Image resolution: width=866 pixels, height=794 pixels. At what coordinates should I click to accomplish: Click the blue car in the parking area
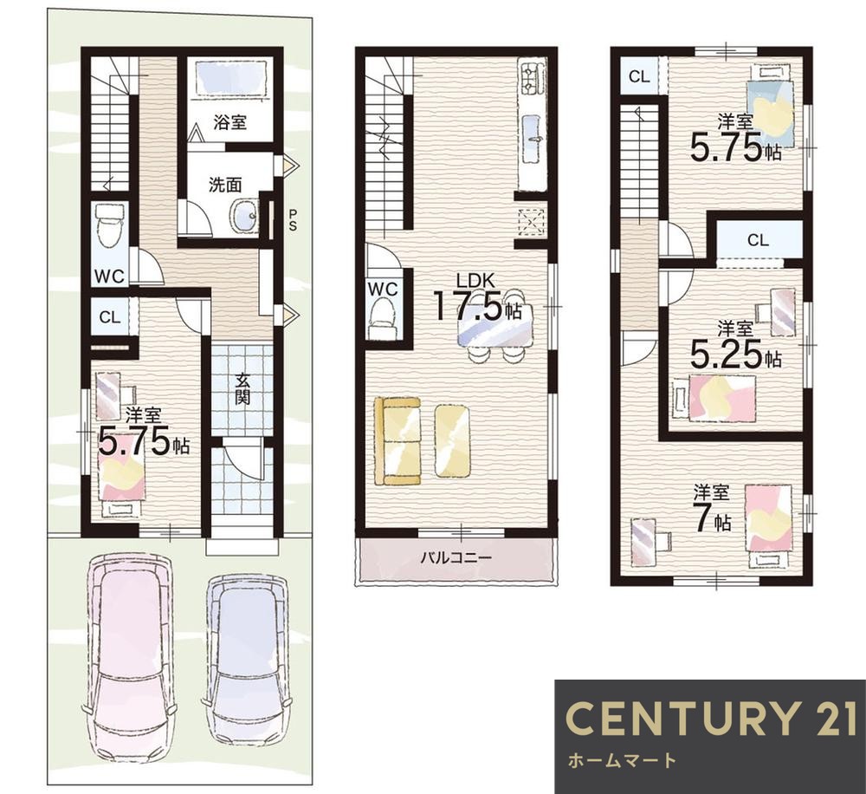(x=248, y=658)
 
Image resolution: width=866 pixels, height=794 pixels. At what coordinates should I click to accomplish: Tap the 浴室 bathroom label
(x=229, y=122)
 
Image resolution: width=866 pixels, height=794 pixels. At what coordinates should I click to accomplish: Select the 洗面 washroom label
(x=225, y=184)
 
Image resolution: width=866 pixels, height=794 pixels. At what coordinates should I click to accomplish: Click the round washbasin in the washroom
(x=244, y=214)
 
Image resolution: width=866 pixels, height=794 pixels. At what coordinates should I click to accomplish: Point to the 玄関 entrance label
(x=242, y=389)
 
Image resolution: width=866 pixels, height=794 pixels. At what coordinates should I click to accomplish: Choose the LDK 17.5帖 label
(x=479, y=297)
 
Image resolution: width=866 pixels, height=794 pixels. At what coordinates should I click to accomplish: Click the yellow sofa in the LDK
(x=397, y=440)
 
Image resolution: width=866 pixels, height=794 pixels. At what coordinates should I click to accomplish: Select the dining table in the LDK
(x=495, y=325)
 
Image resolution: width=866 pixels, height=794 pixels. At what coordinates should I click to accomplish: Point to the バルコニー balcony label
(x=456, y=557)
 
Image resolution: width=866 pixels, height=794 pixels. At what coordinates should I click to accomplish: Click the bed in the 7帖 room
(x=768, y=524)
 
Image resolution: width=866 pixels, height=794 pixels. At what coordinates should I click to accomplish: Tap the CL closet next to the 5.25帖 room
(x=759, y=240)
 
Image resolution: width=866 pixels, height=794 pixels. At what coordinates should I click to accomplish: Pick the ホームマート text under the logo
(x=622, y=760)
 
